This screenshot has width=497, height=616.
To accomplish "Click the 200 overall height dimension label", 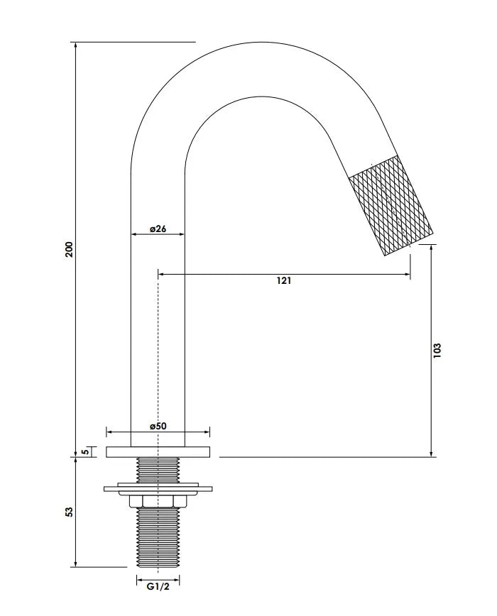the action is pos(69,249).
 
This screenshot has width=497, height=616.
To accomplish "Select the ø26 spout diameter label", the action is pos(158,229).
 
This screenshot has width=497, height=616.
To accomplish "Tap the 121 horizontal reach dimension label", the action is pos(284,280).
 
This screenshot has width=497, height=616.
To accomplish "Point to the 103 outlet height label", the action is pos(437,350).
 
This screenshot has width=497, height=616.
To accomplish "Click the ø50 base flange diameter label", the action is pos(158,426).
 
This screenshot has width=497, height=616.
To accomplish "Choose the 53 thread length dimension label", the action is pos(69,512).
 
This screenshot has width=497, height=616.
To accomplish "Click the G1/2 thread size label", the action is pos(158,586).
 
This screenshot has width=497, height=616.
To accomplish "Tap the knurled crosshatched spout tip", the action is pos(391,206).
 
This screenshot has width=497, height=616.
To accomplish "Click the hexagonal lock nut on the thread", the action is pos(158,501).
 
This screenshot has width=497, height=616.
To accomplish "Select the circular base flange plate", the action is pos(158,452).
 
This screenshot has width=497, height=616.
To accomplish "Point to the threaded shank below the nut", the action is pos(158,537).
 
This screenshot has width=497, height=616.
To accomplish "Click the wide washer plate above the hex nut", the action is pos(158,489).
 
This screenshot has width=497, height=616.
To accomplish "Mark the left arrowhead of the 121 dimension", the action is pos(160,274).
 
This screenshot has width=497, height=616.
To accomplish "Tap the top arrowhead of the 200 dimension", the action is pos(75,45).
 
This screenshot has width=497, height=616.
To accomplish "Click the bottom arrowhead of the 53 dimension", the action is pos(75,564).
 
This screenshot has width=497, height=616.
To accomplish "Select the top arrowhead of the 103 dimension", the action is pos(432,247).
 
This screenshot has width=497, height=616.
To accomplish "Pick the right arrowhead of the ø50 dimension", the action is pos(207,432).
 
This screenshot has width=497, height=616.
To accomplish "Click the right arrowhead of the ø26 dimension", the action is pos(182,234).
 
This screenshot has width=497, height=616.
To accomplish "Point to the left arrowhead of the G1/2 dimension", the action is pos(139,580).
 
